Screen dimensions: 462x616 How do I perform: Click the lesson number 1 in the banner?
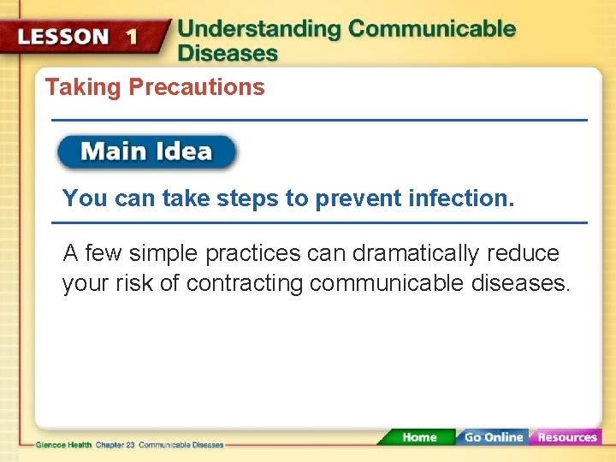[x=131, y=37]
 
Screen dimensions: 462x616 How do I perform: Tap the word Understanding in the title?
[x=258, y=28]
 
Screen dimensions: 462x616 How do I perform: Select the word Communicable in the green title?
[x=432, y=28]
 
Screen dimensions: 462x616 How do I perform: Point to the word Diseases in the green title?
[x=228, y=53]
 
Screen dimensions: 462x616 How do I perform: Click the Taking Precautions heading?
[x=155, y=87]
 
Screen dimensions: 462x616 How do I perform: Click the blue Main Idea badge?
[x=146, y=152]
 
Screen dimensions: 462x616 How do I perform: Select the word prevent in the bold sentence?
[x=357, y=198]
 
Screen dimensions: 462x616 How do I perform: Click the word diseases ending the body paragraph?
[x=519, y=283]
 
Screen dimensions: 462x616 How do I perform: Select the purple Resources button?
[x=566, y=437]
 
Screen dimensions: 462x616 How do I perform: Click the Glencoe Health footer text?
[x=64, y=445]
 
